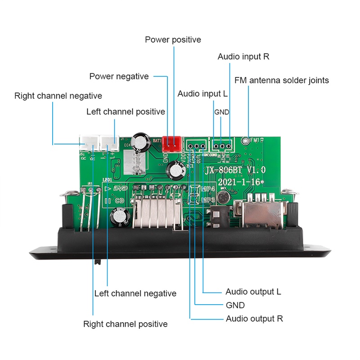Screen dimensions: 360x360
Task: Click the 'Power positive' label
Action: pos(173,40)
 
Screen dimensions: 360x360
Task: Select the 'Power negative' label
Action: pos(119,76)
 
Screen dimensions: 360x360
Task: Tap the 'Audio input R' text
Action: pos(243,57)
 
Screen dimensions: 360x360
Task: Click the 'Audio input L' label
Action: pos(202,94)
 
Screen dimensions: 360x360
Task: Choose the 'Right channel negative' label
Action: pos(58,96)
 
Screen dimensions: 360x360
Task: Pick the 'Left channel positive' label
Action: pos(126,112)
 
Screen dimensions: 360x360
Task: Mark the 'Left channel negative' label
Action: pos(135,293)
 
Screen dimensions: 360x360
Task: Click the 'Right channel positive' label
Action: pos(125,324)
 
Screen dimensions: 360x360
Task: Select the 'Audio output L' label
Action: pos(253,292)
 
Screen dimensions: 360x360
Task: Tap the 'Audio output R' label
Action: pos(254,319)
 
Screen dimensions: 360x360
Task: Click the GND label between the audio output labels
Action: pos(235,305)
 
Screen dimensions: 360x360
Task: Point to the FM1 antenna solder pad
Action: pos(245,140)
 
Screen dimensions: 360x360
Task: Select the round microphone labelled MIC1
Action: pos(222,198)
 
